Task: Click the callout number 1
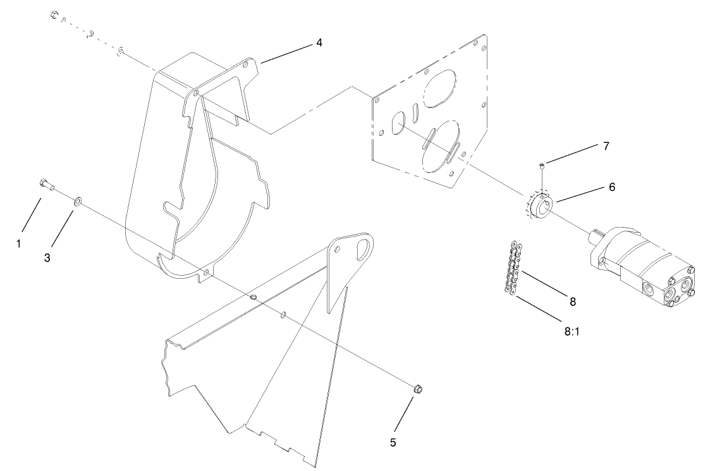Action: point(19,243)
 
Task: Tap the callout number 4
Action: point(319,43)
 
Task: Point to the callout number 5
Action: point(393,443)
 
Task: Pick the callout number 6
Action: point(611,187)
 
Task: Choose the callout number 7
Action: point(606,146)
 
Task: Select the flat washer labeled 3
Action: point(76,201)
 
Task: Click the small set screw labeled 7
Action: point(542,166)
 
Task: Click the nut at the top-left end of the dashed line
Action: point(55,15)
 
